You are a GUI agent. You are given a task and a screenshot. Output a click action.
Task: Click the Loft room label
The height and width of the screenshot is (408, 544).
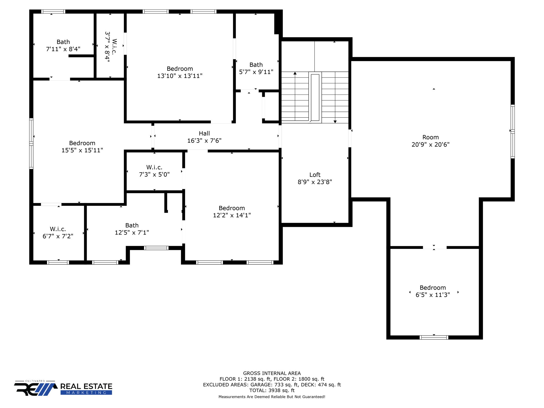pos(315,175)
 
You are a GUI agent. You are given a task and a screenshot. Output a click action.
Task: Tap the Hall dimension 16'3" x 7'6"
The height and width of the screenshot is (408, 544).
pos(204,141)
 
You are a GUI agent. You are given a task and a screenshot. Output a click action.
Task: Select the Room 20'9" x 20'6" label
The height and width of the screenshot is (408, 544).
pos(430,141)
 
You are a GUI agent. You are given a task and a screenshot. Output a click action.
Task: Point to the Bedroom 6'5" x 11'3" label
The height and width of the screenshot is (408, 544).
pos(432,291)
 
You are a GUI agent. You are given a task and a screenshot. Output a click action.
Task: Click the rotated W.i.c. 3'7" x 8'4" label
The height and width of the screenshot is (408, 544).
pos(110,47)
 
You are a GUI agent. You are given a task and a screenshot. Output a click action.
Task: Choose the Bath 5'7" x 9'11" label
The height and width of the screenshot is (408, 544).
pos(256,68)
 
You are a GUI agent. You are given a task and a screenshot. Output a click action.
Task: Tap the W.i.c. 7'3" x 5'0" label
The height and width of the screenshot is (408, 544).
pos(154,171)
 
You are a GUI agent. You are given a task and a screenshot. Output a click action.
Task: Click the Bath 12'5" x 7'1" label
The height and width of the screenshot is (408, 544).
pos(132,229)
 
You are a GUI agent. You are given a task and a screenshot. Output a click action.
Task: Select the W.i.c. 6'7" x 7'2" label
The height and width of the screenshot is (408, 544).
pos(58,232)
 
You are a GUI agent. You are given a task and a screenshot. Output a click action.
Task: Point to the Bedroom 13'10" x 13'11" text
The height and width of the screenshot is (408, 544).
pos(180,72)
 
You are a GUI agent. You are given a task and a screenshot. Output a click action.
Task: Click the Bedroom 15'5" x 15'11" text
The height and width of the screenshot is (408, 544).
pos(82,147)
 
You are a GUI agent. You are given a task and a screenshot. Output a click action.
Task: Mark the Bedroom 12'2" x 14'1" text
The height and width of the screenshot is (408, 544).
pos(232,212)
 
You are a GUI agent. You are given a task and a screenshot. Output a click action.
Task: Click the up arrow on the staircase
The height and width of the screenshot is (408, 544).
pos(295,73)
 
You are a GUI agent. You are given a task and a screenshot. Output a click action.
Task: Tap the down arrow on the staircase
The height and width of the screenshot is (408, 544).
pos(335,121)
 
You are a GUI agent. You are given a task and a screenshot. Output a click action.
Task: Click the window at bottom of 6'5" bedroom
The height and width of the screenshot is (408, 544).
pos(434,337)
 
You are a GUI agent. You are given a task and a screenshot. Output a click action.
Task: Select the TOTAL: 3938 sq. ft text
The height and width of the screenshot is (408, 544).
pos(272,390)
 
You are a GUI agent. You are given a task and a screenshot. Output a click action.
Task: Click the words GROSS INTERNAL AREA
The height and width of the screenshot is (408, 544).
pos(272,373)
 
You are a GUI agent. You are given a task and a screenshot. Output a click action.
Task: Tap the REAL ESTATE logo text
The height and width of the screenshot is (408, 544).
pos(86,386)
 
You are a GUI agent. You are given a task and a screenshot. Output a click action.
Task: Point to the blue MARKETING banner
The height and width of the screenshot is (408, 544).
pos(86,393)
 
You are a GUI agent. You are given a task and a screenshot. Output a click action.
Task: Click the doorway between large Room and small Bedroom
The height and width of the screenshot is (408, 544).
pos(434,247)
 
